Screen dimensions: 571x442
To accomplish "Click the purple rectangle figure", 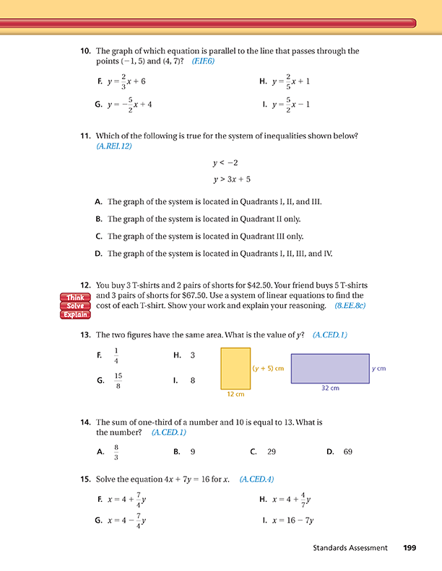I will click(329, 368).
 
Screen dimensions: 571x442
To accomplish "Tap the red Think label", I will click(75, 297).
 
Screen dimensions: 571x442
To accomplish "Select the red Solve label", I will click(75, 306).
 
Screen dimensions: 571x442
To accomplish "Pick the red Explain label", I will click(75, 314).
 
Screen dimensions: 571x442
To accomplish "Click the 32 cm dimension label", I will click(329, 388).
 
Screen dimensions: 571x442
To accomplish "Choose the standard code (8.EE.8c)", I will click(350, 306).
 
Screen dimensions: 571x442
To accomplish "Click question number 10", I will click(84, 51).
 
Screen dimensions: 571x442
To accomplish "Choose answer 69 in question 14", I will click(348, 452).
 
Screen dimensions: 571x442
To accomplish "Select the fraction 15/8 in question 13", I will click(118, 380).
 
